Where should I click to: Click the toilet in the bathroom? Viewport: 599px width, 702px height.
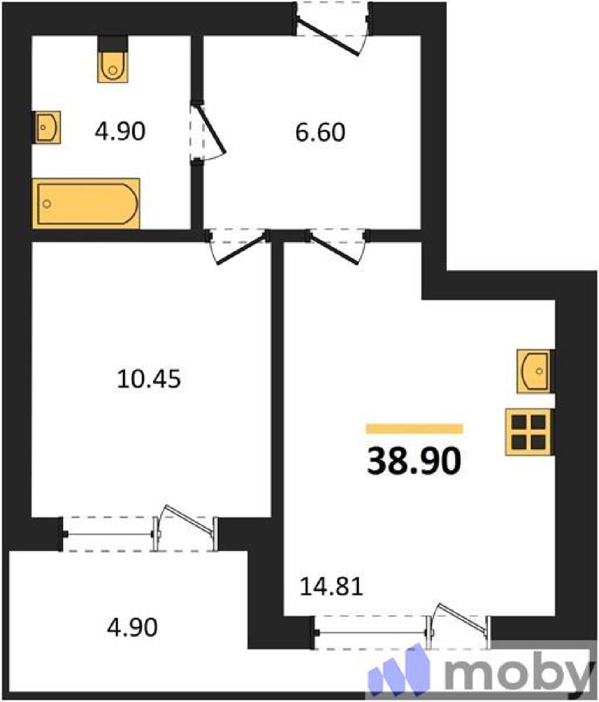(113, 66)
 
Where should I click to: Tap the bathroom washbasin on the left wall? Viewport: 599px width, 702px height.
(47, 128)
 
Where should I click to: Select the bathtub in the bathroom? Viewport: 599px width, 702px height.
(86, 204)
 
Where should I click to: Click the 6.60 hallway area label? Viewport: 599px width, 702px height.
(320, 132)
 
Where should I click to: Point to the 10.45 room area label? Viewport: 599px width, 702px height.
(149, 380)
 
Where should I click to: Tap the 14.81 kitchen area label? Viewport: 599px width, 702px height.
(331, 587)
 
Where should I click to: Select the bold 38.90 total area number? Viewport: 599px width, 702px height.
(414, 461)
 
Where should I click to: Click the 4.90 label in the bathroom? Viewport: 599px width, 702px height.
(120, 131)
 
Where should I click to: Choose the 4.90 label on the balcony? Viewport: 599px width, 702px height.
(132, 627)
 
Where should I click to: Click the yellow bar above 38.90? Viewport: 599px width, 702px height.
(415, 429)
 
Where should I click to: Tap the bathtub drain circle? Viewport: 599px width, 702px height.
(47, 204)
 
